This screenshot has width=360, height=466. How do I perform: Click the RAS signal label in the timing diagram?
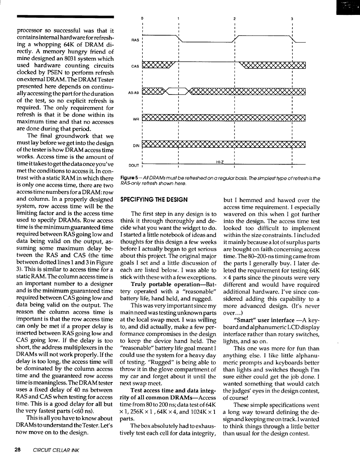[x=134, y=40]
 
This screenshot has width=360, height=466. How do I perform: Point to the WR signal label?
[x=135, y=119]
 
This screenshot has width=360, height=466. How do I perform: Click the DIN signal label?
[x=135, y=146]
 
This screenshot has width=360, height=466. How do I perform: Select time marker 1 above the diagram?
[x=178, y=18]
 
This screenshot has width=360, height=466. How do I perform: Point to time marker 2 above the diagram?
[x=234, y=18]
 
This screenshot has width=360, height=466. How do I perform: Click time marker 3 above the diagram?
[x=292, y=18]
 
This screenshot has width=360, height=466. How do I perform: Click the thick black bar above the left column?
[x=65, y=16]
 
